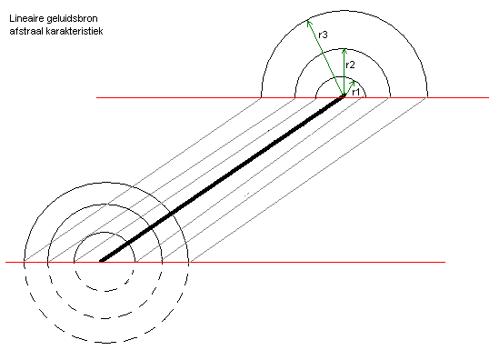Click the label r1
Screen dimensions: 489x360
pos(355,92)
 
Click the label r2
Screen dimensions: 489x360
pos(350,65)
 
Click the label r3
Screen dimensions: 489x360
pos(323,35)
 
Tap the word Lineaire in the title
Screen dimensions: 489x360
pos(26,19)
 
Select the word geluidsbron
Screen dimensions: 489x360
pos(72,19)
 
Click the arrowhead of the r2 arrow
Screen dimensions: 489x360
pos(344,49)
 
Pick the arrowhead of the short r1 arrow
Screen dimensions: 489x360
pos(354,82)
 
